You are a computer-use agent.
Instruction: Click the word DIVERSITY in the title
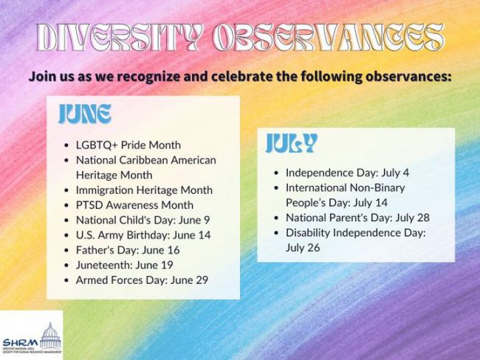(119, 38)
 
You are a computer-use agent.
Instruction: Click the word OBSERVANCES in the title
(328, 38)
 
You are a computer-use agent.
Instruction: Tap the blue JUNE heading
(85, 114)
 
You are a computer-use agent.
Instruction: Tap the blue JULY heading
(292, 143)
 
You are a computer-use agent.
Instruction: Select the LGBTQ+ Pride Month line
(128, 145)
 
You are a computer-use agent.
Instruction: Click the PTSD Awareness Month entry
(134, 205)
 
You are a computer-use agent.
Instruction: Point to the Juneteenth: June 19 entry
(125, 265)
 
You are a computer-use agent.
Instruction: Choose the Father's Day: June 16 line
(128, 250)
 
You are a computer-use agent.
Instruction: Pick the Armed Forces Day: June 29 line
(142, 280)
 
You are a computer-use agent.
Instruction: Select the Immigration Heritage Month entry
(144, 190)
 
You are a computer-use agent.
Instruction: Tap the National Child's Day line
(143, 220)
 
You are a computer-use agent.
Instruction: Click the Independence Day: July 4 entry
(348, 173)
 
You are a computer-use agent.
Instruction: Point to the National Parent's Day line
(357, 218)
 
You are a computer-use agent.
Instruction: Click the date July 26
(303, 248)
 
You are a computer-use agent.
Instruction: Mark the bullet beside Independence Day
(276, 173)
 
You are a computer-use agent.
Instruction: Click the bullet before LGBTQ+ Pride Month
(66, 145)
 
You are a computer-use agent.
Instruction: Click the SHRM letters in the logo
(21, 342)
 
